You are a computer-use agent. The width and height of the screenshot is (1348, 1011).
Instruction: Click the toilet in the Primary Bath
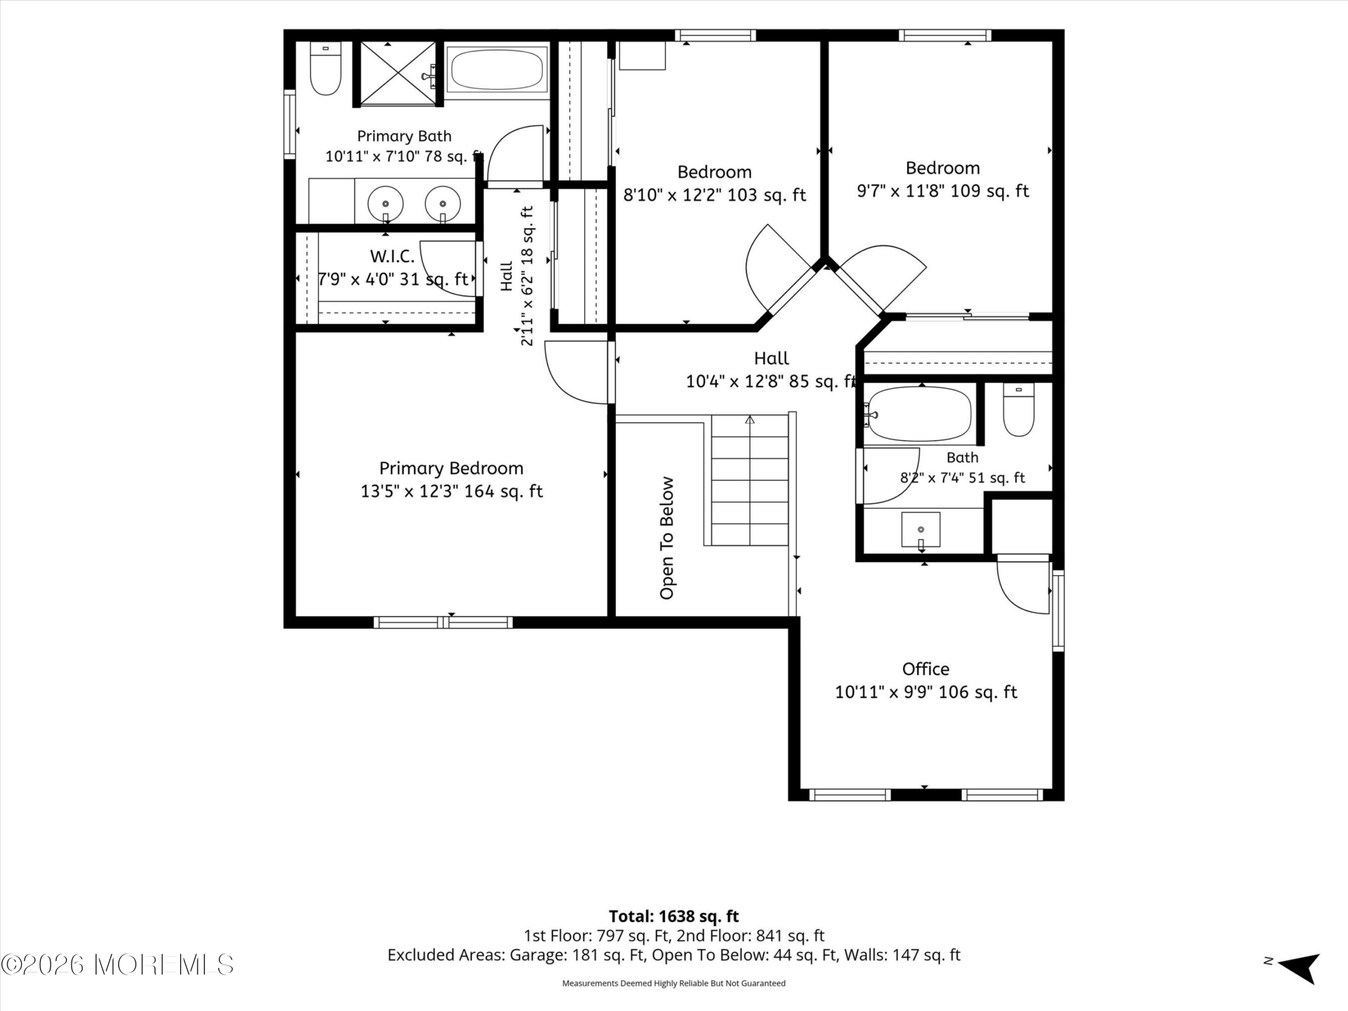(325, 68)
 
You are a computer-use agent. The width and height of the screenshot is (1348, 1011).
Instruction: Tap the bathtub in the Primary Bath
(497, 70)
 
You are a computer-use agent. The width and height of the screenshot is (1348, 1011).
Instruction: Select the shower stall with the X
(398, 73)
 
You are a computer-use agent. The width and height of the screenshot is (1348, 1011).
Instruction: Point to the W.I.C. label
(392, 256)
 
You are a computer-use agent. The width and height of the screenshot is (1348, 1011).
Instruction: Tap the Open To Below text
(667, 538)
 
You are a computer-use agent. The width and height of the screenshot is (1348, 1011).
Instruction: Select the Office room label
(926, 669)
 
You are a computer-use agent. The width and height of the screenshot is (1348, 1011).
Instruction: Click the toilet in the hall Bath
(1019, 409)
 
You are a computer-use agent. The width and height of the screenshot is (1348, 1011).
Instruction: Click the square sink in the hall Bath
(921, 530)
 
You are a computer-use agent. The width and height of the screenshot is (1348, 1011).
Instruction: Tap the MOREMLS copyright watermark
(117, 965)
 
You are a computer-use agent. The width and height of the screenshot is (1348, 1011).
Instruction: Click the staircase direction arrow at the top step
(750, 420)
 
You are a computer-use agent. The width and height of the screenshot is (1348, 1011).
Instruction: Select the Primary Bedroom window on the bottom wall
(443, 622)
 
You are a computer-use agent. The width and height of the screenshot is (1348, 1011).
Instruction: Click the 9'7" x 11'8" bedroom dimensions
(943, 191)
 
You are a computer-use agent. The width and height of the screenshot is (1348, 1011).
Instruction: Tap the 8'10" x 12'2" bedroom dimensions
(714, 195)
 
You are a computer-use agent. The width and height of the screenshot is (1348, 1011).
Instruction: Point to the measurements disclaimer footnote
(674, 983)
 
